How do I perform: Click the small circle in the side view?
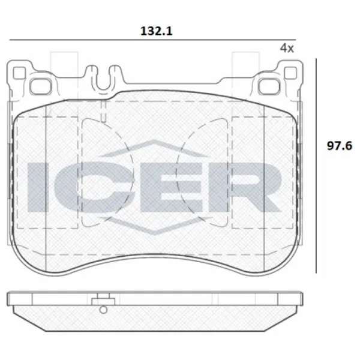tap(103, 310)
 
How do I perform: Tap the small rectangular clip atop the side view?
tap(103, 298)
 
